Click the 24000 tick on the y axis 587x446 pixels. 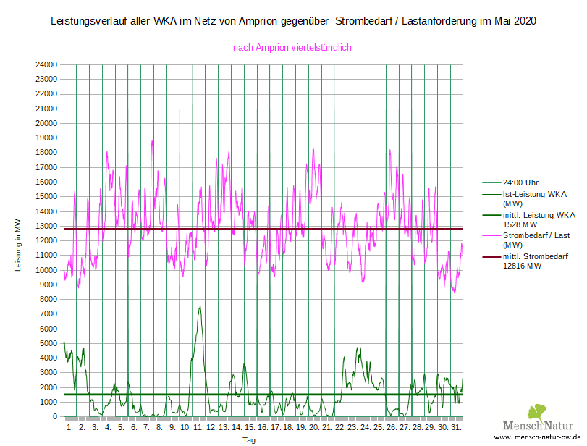(46, 64)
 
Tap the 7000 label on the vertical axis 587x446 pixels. (48, 314)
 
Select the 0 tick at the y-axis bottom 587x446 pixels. (55, 417)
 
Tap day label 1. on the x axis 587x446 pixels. (70, 428)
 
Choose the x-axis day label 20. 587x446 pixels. (314, 428)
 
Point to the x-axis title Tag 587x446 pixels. (249, 439)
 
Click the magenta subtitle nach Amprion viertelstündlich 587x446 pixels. (292, 47)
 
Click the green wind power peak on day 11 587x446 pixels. (200, 306)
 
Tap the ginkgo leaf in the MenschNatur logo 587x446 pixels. (536, 412)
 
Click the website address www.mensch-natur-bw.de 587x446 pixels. (539, 438)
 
